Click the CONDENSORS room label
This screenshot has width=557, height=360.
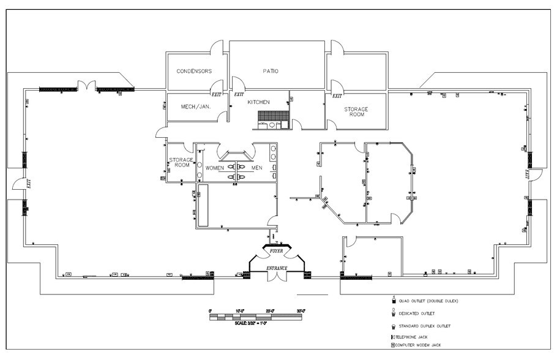[194, 71]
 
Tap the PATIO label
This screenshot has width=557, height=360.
[271, 71]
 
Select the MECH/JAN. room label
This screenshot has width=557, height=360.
[196, 107]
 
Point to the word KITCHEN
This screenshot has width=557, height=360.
[258, 102]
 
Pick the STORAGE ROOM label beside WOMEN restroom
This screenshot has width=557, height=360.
[181, 162]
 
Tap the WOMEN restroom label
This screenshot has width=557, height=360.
[214, 168]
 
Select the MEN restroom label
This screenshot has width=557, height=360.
[257, 168]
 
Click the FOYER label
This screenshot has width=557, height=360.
[277, 251]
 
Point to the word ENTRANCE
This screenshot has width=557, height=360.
[277, 269]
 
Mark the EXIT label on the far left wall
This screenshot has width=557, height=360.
[28, 182]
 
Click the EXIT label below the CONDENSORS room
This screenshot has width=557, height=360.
[216, 95]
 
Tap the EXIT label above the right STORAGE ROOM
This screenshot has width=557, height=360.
[337, 96]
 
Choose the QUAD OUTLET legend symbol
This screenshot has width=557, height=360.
[395, 301]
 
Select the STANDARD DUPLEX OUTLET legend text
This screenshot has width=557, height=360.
[428, 326]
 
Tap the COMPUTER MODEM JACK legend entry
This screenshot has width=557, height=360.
[419, 346]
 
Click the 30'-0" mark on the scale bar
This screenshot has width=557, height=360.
[300, 311]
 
